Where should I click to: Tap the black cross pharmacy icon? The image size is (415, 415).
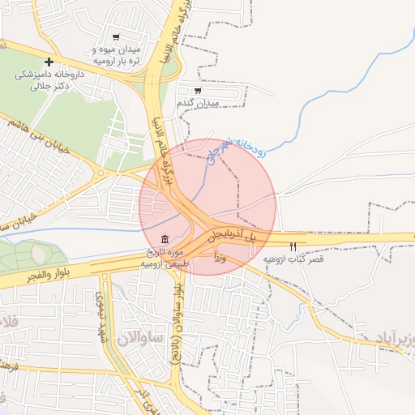(49, 62)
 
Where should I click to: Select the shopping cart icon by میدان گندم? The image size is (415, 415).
(197, 91)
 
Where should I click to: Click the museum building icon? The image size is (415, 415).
(165, 239)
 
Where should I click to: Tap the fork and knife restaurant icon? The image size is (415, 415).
(293, 246)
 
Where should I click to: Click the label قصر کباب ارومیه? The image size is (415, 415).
(293, 259)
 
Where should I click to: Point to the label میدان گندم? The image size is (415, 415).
(198, 104)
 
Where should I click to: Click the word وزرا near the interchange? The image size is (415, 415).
(220, 258)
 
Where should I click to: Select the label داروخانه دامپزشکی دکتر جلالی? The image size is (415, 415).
(49, 79)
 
